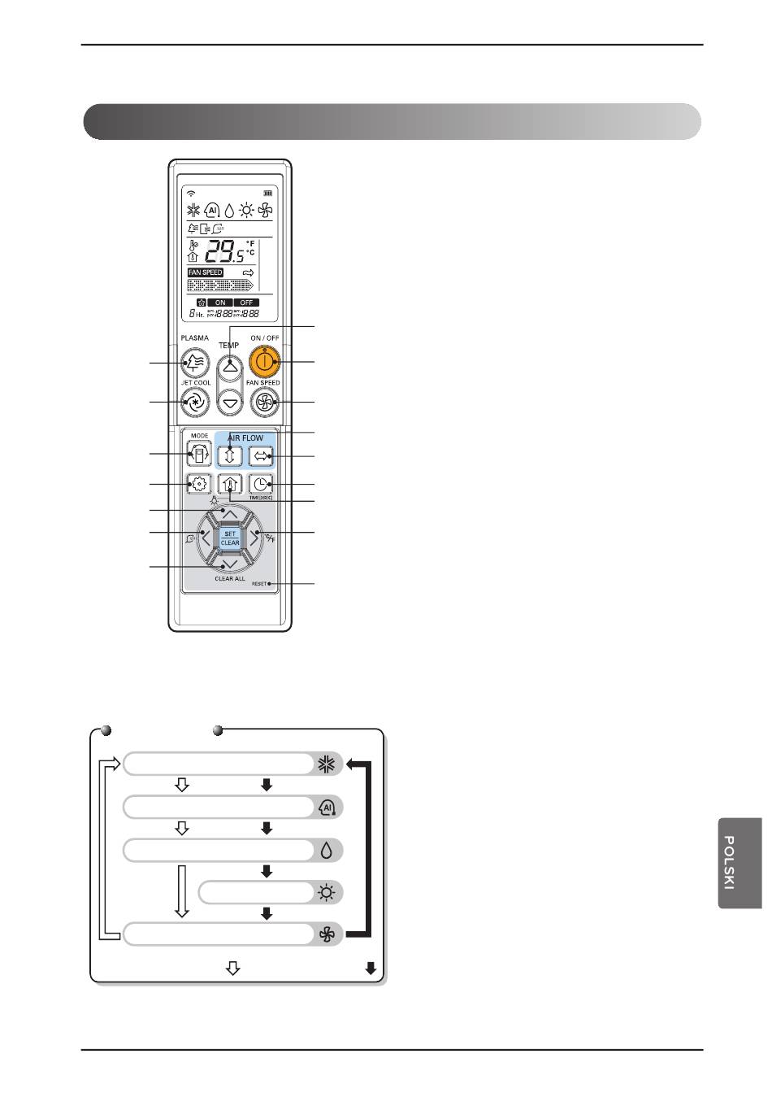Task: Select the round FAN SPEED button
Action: coord(265,402)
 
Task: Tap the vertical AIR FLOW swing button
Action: coord(230,455)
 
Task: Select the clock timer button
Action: coord(261,485)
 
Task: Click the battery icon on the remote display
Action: coord(267,194)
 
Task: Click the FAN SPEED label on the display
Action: coord(206,272)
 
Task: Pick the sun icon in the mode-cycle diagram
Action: coord(327,893)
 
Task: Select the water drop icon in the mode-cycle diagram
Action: coord(327,851)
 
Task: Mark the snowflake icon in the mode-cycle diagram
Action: coord(327,764)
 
